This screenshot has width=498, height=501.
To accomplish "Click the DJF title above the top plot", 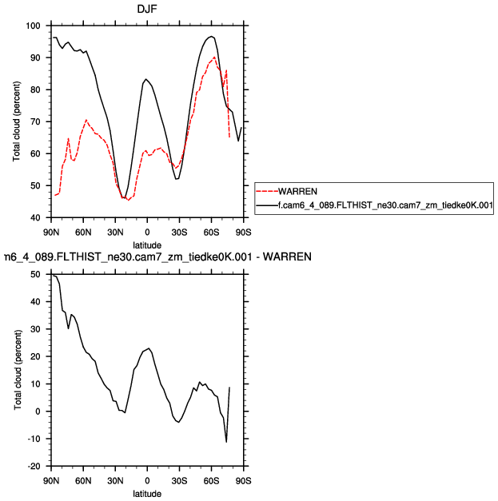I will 147,9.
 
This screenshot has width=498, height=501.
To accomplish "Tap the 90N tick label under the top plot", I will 51,232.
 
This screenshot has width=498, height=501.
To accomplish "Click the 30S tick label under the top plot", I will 179,232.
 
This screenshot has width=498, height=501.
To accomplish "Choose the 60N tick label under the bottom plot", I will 83,480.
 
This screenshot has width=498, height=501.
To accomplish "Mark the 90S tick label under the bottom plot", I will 243,480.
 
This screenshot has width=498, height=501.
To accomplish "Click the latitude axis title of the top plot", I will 147,244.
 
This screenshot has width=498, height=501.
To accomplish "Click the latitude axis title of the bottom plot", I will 147,493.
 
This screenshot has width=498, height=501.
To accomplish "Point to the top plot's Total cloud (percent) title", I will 17,121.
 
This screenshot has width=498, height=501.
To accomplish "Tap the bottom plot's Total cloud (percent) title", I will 17,370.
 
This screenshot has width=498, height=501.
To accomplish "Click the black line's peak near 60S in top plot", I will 211,37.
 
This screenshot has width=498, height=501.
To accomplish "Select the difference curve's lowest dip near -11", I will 226,441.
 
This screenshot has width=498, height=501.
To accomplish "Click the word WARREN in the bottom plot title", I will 286,257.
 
